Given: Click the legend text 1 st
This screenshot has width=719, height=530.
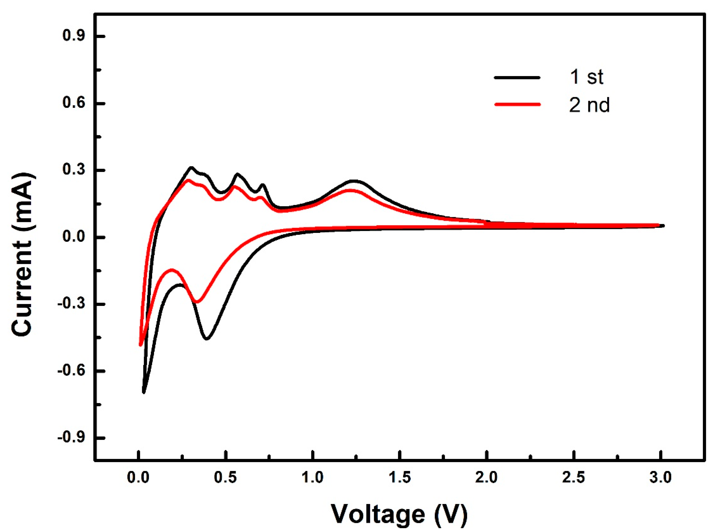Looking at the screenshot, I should tap(586, 77).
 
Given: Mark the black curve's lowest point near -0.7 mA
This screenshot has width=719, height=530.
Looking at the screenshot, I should tap(144, 392).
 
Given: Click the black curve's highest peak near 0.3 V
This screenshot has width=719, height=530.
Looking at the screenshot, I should tap(191, 167).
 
